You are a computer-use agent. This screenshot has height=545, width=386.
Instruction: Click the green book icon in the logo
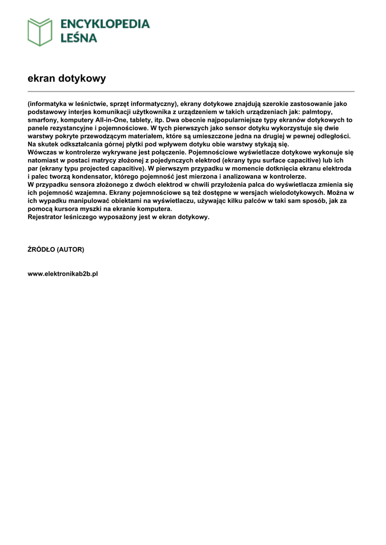pyautogui.click(x=40, y=31)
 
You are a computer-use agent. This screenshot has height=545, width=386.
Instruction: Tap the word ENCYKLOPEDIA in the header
pyautogui.click(x=105, y=24)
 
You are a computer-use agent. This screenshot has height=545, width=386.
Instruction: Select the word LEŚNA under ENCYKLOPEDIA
pyautogui.click(x=78, y=38)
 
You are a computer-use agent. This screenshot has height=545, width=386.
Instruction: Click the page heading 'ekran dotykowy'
pyautogui.click(x=67, y=78)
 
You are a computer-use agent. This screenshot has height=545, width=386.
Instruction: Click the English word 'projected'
pyautogui.click(x=90, y=168)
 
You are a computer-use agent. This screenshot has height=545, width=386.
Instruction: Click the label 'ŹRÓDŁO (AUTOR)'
pyautogui.click(x=55, y=249)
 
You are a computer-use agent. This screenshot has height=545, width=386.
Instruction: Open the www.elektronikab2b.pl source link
pyautogui.click(x=63, y=274)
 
